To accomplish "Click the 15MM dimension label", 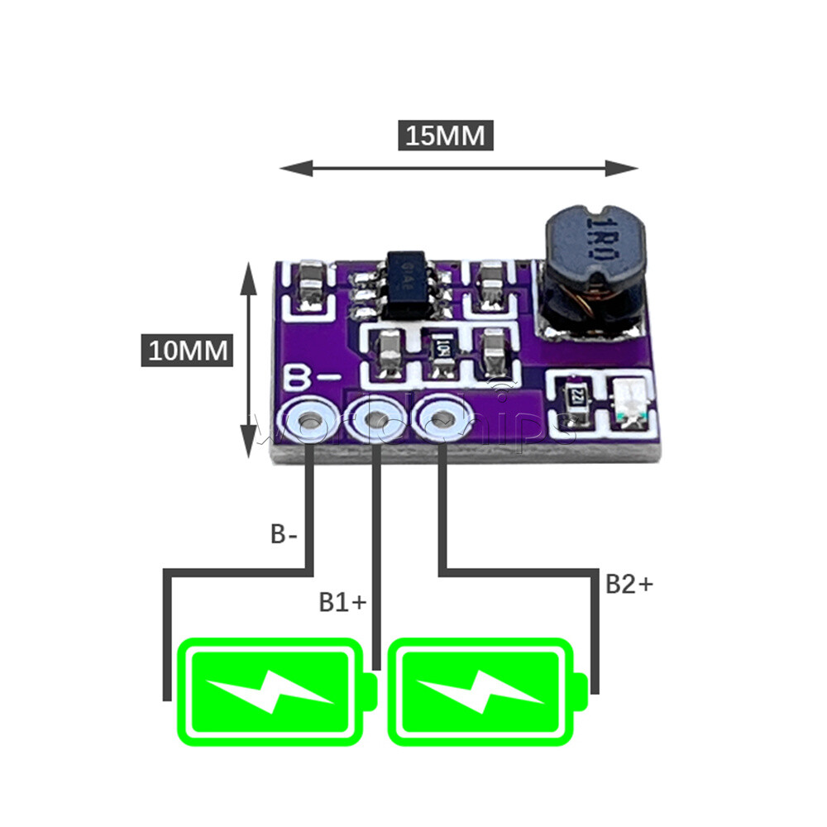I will pyautogui.click(x=447, y=136).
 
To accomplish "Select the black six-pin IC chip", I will pyautogui.click(x=407, y=287).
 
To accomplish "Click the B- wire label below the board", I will pyautogui.click(x=284, y=534).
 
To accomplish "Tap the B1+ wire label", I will pyautogui.click(x=342, y=602).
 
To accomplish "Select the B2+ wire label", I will pyautogui.click(x=629, y=584).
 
